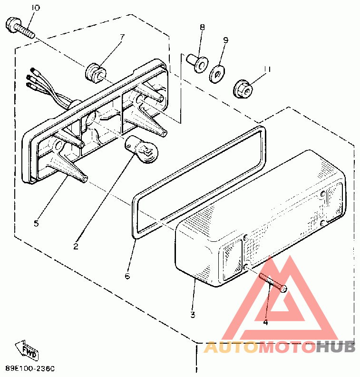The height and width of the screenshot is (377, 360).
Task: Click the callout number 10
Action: point(36,8)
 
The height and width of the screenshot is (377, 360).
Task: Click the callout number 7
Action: point(122,37)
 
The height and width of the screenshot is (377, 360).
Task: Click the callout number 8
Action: point(202,28)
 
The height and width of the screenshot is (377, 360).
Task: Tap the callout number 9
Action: point(226,40)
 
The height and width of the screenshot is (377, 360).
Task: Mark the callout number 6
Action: point(127,276)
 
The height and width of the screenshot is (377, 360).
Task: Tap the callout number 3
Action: point(193,315)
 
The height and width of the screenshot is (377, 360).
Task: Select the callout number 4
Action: point(265,322)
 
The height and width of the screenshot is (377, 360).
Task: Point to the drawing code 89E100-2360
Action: point(30,368)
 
